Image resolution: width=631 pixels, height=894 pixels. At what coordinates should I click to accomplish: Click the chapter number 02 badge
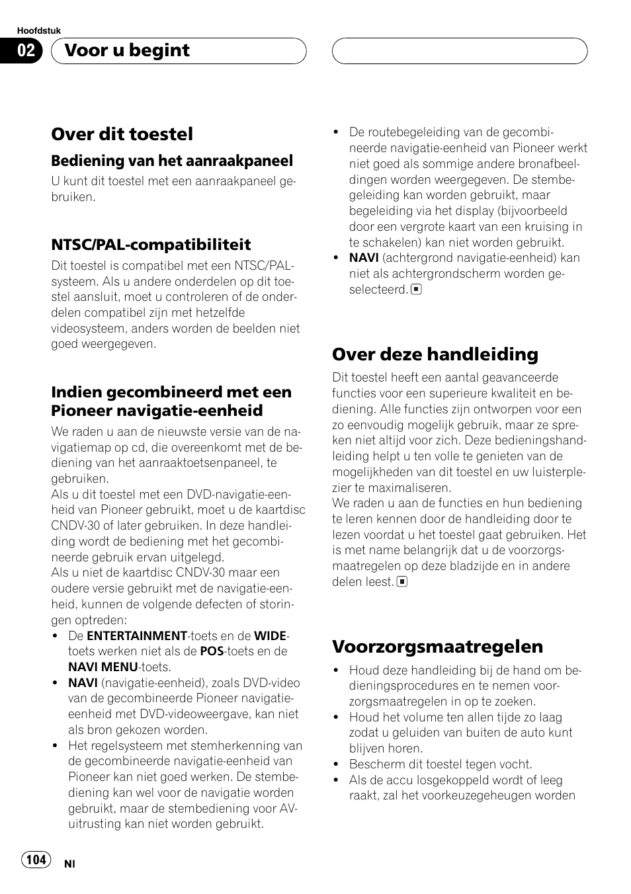(26, 51)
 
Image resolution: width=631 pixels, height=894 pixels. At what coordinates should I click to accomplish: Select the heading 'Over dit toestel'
(122, 134)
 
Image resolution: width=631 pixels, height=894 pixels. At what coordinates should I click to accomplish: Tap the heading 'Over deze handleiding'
(435, 354)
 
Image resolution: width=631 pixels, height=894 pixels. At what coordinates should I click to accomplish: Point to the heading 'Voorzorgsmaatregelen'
(437, 646)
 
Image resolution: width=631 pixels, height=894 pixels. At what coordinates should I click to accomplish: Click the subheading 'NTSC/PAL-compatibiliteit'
(151, 245)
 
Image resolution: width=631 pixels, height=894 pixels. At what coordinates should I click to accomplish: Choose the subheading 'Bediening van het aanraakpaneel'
(172, 161)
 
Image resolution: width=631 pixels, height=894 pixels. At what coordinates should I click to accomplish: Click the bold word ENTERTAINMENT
(137, 636)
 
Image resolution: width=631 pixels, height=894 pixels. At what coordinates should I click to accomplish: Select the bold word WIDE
(270, 636)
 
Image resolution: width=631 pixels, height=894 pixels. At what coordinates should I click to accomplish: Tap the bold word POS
(212, 651)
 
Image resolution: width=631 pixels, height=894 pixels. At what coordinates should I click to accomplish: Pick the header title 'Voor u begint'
(128, 51)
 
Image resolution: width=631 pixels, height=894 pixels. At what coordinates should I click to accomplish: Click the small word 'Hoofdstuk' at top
(39, 31)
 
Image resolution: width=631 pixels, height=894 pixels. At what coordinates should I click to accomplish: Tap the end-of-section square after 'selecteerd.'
(416, 289)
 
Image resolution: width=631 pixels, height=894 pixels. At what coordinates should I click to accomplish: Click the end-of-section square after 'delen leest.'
(401, 582)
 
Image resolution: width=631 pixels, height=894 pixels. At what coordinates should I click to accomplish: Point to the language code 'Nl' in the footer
(69, 864)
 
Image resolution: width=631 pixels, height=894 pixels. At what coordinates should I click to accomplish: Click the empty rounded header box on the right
(459, 51)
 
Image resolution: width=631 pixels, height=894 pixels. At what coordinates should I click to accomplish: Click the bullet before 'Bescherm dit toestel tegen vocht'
(336, 764)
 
